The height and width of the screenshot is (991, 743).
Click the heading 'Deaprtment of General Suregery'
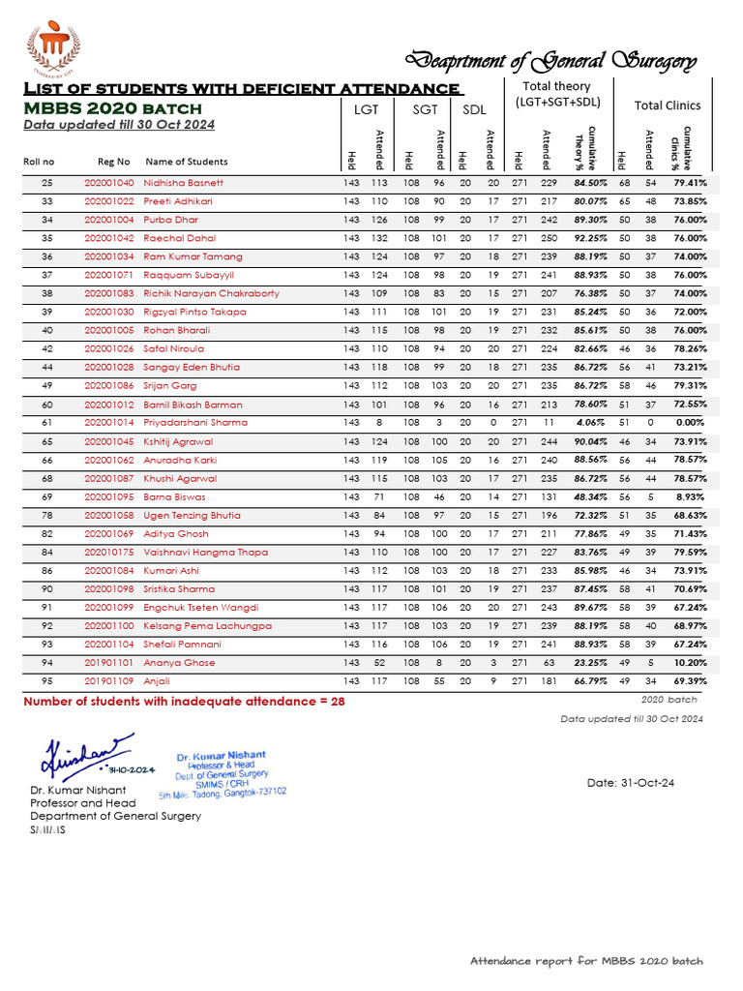550,61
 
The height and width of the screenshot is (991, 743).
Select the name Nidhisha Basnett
184,183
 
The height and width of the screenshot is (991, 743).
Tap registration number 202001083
108,293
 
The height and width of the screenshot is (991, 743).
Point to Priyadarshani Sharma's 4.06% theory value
590,423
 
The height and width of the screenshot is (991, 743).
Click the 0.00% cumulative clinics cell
689,423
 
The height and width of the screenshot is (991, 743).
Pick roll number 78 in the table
46,515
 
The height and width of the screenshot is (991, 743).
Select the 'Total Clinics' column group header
668,105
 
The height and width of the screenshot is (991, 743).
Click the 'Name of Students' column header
187,162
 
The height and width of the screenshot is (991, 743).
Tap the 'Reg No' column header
113,162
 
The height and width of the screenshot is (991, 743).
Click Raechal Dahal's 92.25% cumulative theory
590,238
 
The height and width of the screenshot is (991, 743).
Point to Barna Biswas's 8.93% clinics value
691,496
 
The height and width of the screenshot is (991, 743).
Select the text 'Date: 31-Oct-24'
632,782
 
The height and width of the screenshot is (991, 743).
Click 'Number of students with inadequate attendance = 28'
184,702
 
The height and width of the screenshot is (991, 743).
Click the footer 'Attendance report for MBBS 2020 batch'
586,961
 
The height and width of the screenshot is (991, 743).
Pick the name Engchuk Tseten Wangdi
201,607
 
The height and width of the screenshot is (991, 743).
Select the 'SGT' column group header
426,110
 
